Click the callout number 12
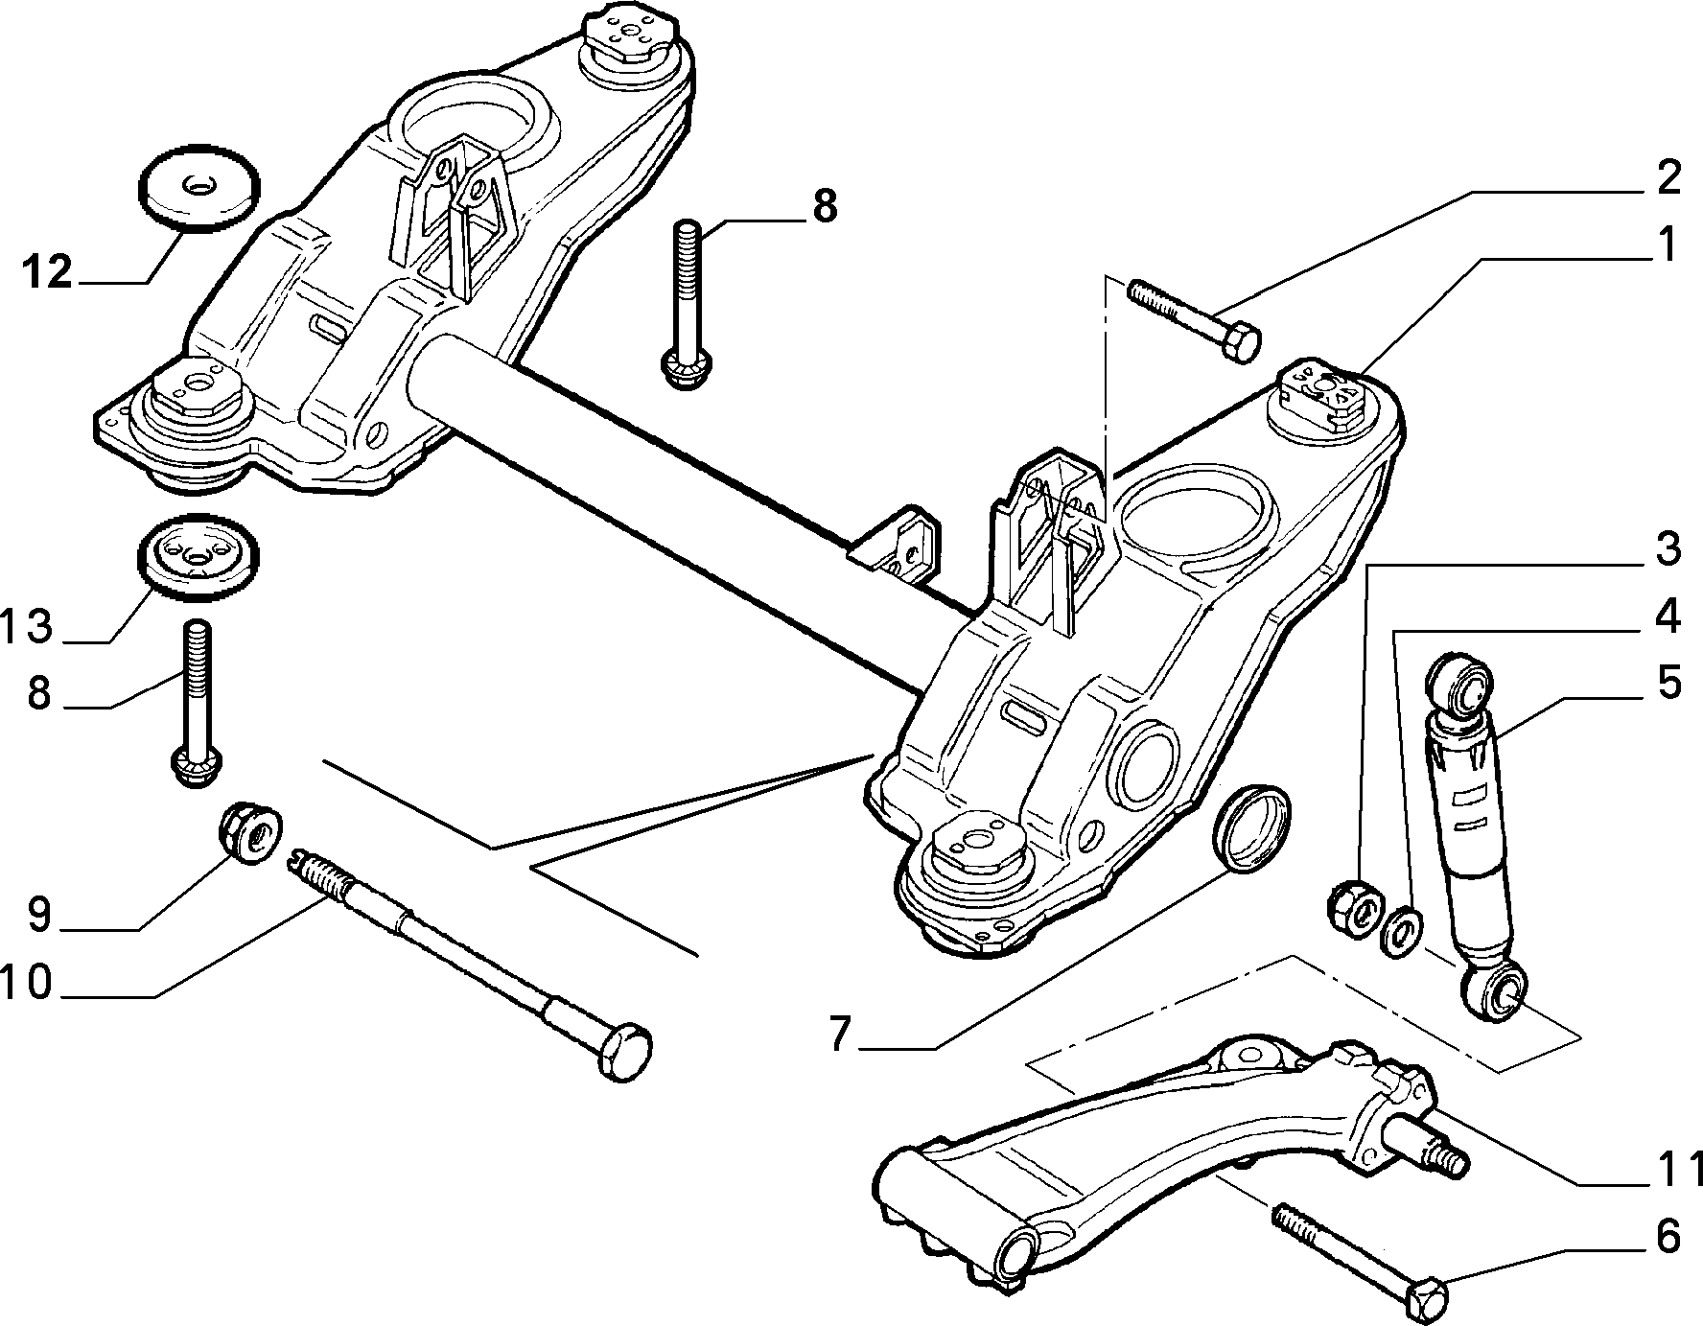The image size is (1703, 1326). pyautogui.click(x=48, y=273)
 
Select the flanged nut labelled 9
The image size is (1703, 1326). pyautogui.click(x=251, y=833)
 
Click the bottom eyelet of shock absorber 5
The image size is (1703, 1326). pyautogui.click(x=1498, y=991)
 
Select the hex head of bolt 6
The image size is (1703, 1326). pyautogui.click(x=1426, y=1298)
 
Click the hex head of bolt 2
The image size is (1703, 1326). pyautogui.click(x=1241, y=343)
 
